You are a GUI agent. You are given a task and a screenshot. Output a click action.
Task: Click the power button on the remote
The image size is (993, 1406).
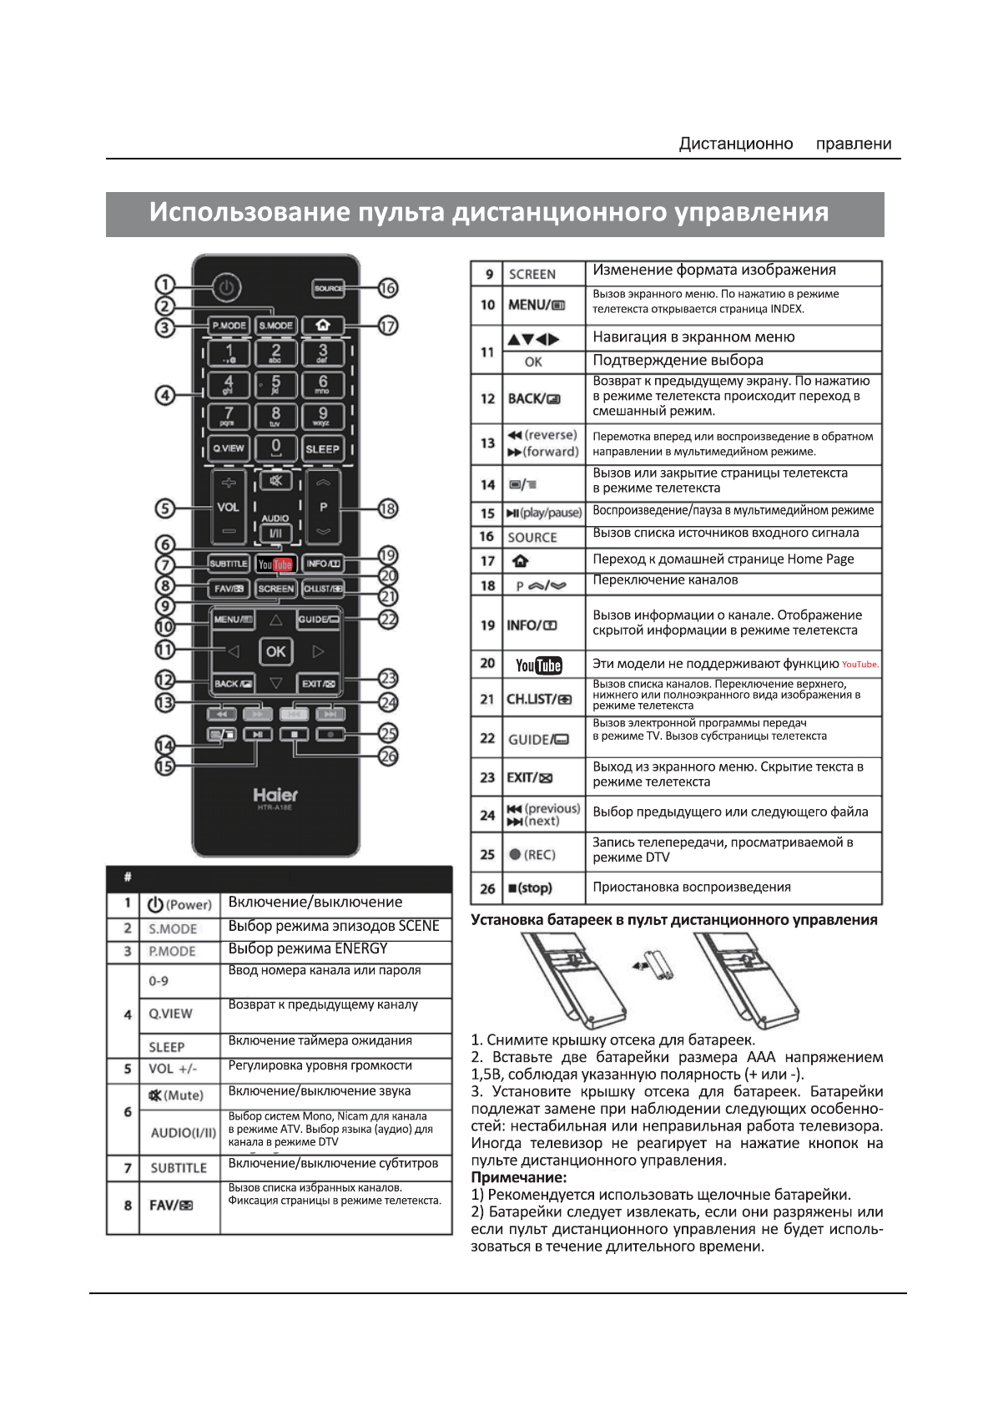225,288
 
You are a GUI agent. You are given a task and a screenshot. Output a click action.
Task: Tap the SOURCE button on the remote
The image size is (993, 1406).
328,288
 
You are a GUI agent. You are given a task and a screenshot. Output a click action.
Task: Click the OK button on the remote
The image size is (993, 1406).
275,651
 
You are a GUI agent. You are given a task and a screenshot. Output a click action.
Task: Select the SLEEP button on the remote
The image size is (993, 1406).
322,448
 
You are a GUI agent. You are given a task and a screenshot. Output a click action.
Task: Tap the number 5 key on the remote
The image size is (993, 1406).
275,384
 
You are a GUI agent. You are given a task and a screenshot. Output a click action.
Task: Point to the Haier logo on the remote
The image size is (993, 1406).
275,795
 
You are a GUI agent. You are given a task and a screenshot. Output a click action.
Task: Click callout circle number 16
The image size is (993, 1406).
388,288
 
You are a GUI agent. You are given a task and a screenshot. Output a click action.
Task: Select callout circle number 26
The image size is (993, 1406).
388,756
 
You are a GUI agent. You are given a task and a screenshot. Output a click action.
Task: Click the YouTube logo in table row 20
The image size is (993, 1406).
539,665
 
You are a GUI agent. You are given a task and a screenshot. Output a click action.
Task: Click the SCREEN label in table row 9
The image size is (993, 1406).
532,274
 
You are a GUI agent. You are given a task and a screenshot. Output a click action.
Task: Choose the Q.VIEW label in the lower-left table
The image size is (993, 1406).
170,1014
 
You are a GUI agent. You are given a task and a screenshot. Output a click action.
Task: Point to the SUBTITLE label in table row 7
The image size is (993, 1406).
179,1168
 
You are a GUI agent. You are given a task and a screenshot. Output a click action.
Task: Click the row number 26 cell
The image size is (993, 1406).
487,888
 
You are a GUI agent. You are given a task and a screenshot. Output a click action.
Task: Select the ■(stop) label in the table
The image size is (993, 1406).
530,888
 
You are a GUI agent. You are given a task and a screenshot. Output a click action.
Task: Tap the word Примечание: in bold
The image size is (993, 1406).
518,1177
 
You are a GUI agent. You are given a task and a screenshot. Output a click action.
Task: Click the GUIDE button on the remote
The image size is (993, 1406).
318,620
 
